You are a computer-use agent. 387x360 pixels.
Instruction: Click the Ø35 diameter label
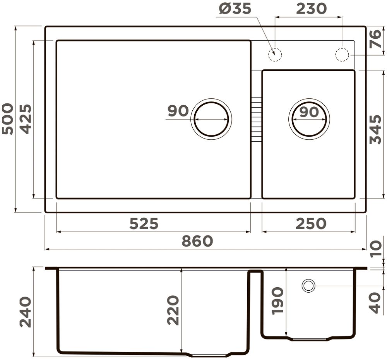[x=235, y=9]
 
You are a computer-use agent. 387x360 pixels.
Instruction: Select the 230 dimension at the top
[x=311, y=9]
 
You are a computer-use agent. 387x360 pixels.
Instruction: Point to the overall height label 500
[x=7, y=119]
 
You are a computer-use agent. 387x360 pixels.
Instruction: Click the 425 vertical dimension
[x=26, y=119]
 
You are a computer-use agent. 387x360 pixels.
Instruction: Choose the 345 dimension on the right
[x=375, y=129]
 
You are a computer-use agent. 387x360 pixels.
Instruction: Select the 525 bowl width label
[x=144, y=223]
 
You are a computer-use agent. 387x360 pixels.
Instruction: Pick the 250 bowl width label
[x=311, y=223]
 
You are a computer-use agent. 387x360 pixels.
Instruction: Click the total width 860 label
[x=197, y=241]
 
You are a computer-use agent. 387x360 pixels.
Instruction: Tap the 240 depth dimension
[x=26, y=312]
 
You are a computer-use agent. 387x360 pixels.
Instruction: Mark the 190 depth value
[x=277, y=301]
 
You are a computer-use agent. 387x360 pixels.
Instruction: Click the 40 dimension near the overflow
[x=375, y=303]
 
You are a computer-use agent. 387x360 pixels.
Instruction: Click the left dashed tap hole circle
[x=275, y=55]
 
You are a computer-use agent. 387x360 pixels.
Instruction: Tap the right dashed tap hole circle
[x=342, y=55]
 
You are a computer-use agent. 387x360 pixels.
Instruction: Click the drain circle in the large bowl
[x=211, y=119]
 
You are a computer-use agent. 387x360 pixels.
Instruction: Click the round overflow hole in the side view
[x=308, y=286]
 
